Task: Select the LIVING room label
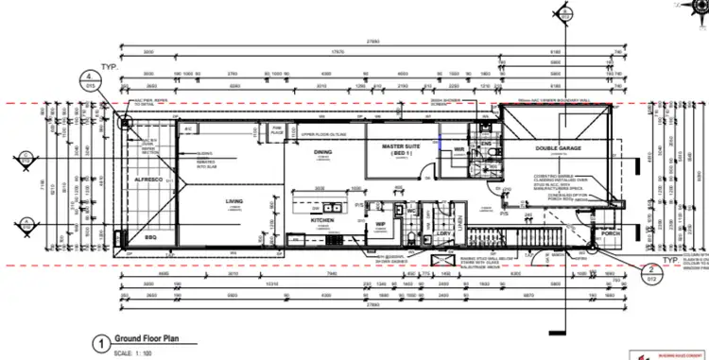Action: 233,201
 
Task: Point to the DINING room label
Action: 322,151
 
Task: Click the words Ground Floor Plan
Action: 147,316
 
